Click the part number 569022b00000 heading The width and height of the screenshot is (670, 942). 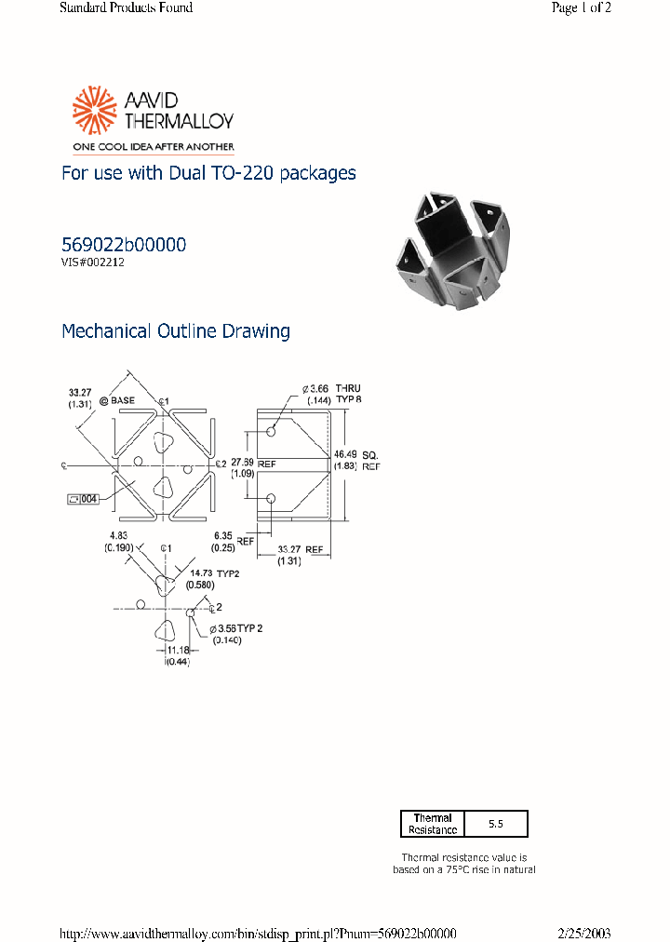[x=123, y=245]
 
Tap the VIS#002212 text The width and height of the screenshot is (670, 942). [x=93, y=262]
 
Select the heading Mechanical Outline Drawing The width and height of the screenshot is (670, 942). [x=175, y=330]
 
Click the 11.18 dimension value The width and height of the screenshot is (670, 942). [x=177, y=650]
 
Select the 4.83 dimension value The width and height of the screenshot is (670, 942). [x=118, y=535]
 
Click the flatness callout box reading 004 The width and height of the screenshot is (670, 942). [x=83, y=499]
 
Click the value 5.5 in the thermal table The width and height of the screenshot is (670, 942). [x=495, y=824]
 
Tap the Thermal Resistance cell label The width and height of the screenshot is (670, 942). [x=432, y=824]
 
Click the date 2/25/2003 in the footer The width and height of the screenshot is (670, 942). [x=584, y=933]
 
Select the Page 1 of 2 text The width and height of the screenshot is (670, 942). [x=581, y=7]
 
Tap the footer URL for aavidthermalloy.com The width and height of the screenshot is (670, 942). [x=258, y=933]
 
